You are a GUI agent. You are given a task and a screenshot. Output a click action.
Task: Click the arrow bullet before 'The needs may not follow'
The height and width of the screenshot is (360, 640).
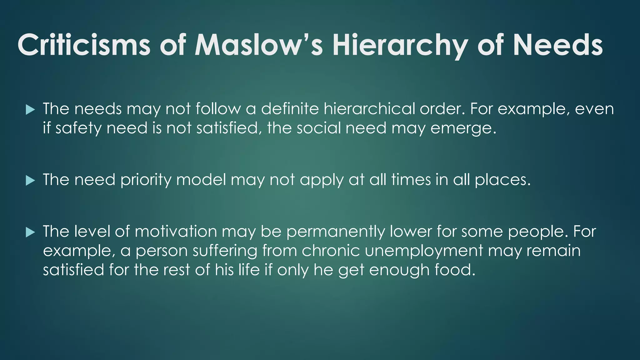(30, 110)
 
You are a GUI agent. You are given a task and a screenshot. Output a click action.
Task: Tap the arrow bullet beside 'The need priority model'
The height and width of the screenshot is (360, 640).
(30, 180)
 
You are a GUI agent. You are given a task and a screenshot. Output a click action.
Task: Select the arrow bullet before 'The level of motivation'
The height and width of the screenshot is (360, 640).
(30, 232)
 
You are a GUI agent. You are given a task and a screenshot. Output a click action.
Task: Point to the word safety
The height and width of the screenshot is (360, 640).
(78, 128)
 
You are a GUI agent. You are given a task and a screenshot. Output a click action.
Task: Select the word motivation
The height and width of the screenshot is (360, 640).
(176, 232)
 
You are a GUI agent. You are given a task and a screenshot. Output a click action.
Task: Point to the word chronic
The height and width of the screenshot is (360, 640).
(331, 251)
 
